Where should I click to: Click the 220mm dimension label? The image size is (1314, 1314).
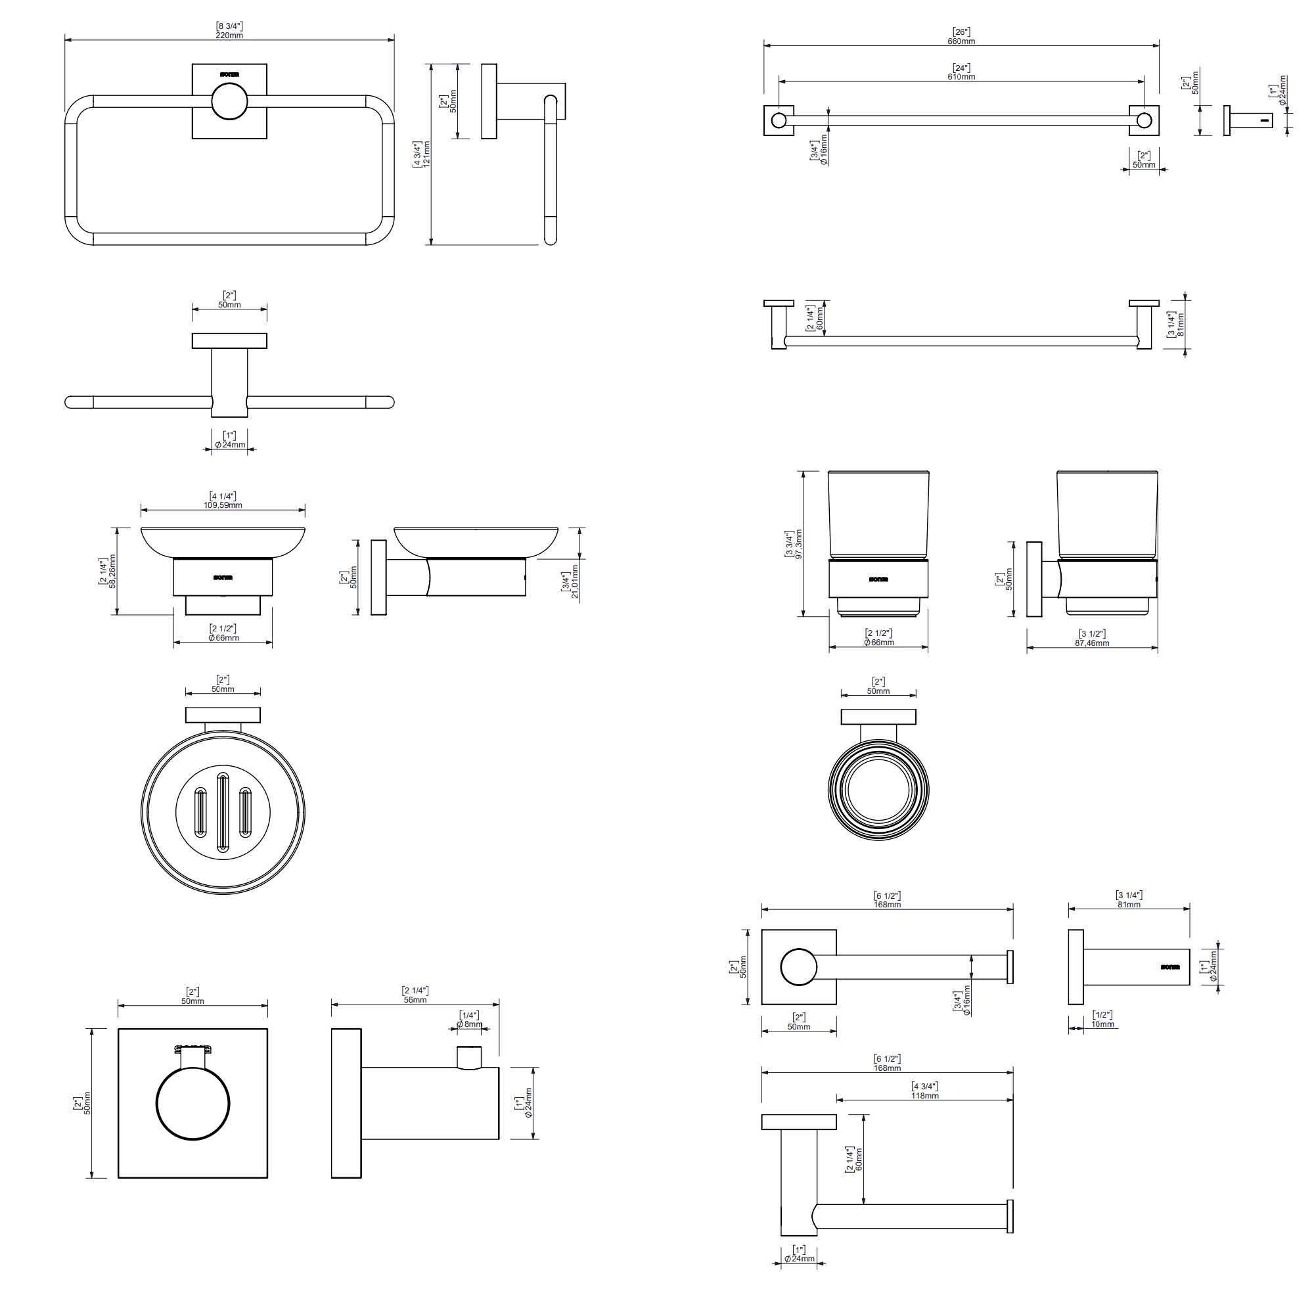(x=229, y=35)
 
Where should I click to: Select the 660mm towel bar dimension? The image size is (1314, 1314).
(x=961, y=41)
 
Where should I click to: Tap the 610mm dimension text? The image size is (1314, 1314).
(x=961, y=77)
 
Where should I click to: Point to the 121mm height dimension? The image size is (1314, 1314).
(x=426, y=154)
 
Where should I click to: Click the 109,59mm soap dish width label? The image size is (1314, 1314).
(x=223, y=505)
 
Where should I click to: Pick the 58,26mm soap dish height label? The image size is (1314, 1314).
(x=113, y=572)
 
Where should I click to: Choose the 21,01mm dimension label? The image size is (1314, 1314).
(x=575, y=581)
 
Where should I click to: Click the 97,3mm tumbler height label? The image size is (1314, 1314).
(x=798, y=544)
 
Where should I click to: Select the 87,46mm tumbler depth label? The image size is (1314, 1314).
(x=1091, y=643)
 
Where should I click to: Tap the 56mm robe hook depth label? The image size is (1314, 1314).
(x=415, y=1000)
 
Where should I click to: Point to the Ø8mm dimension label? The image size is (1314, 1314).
(x=469, y=1024)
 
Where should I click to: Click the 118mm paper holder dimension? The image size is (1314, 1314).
(x=925, y=1096)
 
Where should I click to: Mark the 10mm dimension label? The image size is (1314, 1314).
(x=1102, y=1024)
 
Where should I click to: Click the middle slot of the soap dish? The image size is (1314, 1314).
(x=223, y=812)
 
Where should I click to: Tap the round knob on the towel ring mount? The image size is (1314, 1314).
(x=229, y=101)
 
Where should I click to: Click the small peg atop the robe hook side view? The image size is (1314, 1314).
(x=468, y=1058)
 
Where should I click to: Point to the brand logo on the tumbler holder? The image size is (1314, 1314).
(x=878, y=579)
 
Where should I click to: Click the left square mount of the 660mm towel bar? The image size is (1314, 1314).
(x=779, y=120)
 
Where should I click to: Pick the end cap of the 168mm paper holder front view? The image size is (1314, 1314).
(x=1010, y=967)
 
